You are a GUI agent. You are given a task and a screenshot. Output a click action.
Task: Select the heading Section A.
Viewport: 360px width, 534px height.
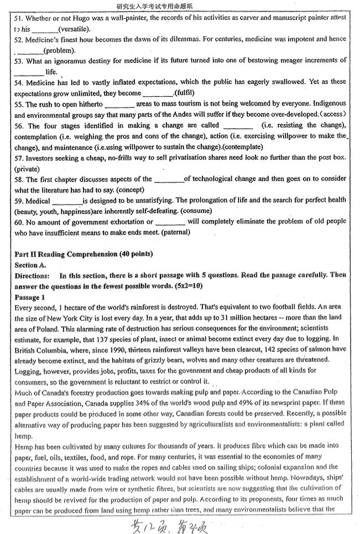(30, 265)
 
